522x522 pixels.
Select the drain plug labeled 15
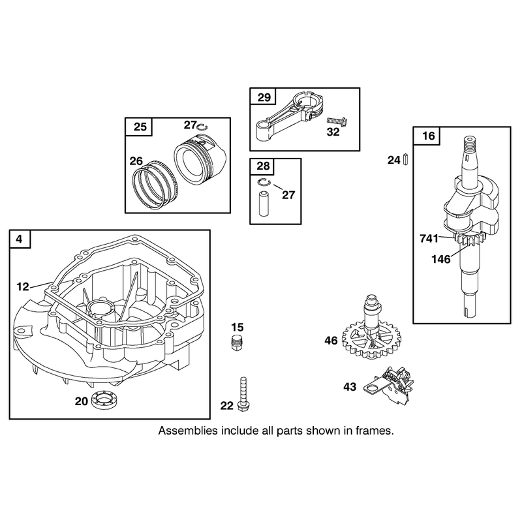(x=236, y=342)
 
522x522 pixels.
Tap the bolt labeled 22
(x=243, y=394)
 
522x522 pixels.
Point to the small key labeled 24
(x=405, y=159)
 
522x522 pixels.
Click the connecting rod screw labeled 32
(x=337, y=121)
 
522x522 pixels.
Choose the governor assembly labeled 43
(x=390, y=386)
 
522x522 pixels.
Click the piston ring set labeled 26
(x=156, y=185)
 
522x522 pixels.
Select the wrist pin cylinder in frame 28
(x=264, y=204)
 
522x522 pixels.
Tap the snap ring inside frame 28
(x=264, y=182)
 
